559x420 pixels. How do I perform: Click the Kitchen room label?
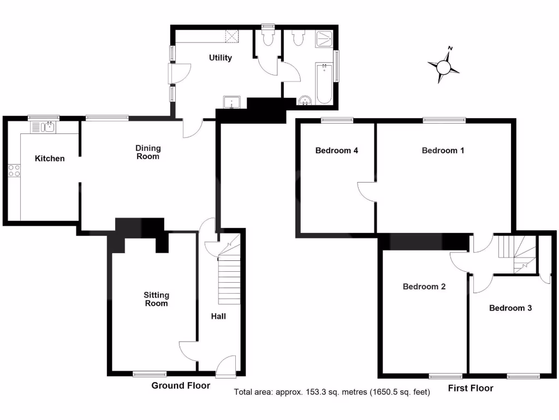click(50, 159)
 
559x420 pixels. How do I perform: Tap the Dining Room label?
click(148, 152)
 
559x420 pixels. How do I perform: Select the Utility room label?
click(221, 58)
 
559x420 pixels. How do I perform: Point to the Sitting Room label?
click(157, 299)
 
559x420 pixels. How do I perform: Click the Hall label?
click(218, 316)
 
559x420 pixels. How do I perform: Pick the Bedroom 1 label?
click(443, 150)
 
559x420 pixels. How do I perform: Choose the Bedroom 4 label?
click(336, 150)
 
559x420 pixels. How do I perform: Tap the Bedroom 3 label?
click(510, 308)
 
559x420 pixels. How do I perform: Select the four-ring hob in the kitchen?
click(14, 170)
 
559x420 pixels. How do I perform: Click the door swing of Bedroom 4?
click(366, 191)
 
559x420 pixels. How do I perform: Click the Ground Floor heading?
click(180, 386)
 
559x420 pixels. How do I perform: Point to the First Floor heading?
click(470, 388)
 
